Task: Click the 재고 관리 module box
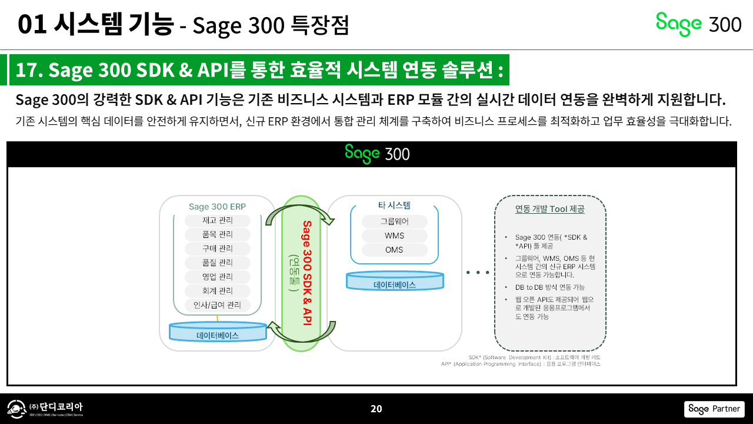(218, 220)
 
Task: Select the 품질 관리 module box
(218, 263)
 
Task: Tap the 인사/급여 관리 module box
(218, 305)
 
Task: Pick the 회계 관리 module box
(218, 291)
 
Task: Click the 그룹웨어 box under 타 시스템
(394, 221)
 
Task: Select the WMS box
(394, 236)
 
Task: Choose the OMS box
(394, 250)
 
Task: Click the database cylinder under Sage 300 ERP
(218, 332)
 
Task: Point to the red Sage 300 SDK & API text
(306, 272)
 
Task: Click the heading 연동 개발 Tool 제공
(550, 208)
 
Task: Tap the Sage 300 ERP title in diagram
(217, 207)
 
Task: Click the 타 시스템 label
(394, 206)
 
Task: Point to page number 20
(376, 409)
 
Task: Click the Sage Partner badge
(714, 409)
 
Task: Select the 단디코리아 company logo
(45, 409)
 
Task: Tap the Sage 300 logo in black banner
(377, 153)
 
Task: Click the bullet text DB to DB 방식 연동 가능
(549, 287)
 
